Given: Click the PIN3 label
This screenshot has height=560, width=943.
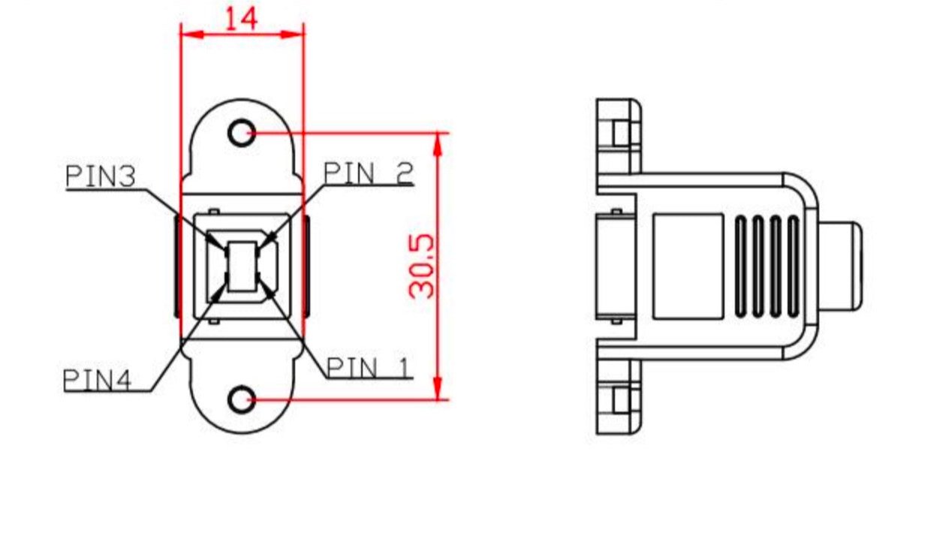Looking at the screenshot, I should pyautogui.click(x=100, y=176).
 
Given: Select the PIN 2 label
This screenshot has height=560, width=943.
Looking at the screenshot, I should pyautogui.click(x=368, y=173).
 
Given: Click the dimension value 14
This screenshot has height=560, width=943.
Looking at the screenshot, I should pyautogui.click(x=241, y=18).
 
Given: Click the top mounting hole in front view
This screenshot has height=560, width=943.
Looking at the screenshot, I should pyautogui.click(x=241, y=134).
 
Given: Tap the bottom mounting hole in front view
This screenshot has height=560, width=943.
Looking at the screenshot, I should pyautogui.click(x=241, y=399).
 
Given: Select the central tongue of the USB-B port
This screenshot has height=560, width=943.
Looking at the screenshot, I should pyautogui.click(x=242, y=266).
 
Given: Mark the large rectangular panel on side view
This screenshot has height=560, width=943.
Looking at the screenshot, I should pyautogui.click(x=688, y=266).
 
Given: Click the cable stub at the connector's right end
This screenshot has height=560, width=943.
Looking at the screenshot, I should pyautogui.click(x=841, y=266).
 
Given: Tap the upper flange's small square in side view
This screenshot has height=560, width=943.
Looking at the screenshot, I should pyautogui.click(x=620, y=133).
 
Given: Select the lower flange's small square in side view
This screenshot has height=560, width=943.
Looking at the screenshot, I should pyautogui.click(x=620, y=400).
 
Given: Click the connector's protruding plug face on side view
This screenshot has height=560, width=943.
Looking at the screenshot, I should pyautogui.click(x=614, y=266).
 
